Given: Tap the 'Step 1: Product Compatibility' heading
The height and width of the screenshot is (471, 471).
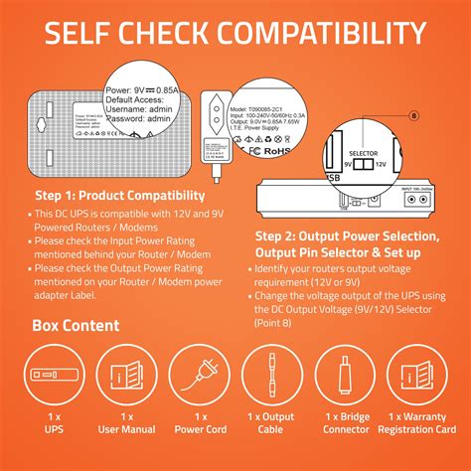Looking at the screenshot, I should tap(120, 196).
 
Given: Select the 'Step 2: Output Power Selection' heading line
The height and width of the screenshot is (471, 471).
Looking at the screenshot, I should tap(348, 236).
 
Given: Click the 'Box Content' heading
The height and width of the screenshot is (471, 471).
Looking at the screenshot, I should tap(76, 325).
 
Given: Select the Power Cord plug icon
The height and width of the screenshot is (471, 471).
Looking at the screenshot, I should tap(201, 379).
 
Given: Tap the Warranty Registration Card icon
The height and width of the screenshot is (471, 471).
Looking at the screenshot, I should tap(424, 379).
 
